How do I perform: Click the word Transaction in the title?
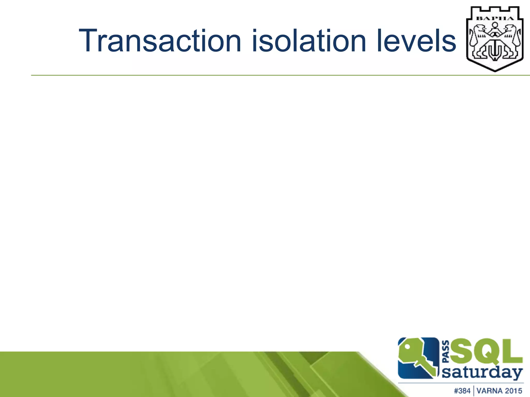[x=160, y=41]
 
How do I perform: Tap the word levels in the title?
[x=416, y=41]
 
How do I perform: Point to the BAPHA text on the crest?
[x=495, y=18]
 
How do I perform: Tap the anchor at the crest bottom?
[x=495, y=52]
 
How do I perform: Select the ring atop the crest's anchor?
[x=495, y=25]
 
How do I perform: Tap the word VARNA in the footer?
[x=489, y=391]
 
